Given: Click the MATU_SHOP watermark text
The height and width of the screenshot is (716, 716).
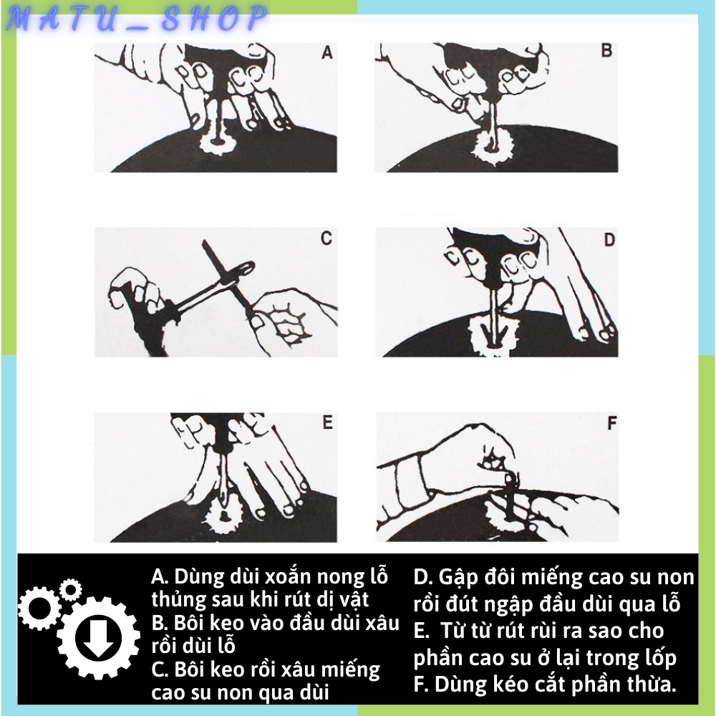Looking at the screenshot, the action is pyautogui.click(x=136, y=19).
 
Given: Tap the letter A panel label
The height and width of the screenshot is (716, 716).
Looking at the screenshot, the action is pyautogui.click(x=326, y=53).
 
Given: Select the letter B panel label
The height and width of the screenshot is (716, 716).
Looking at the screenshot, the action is pyautogui.click(x=606, y=50).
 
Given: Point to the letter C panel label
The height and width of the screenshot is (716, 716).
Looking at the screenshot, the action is pyautogui.click(x=326, y=238).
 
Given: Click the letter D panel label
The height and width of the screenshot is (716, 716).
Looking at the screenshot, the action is pyautogui.click(x=609, y=240).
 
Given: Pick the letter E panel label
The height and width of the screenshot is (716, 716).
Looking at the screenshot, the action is pyautogui.click(x=327, y=422).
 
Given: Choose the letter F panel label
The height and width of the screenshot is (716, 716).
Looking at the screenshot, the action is pyautogui.click(x=612, y=423).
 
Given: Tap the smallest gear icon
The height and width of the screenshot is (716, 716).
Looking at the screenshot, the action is pyautogui.click(x=70, y=589).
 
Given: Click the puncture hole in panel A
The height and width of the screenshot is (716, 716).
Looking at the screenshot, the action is pyautogui.click(x=218, y=142).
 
